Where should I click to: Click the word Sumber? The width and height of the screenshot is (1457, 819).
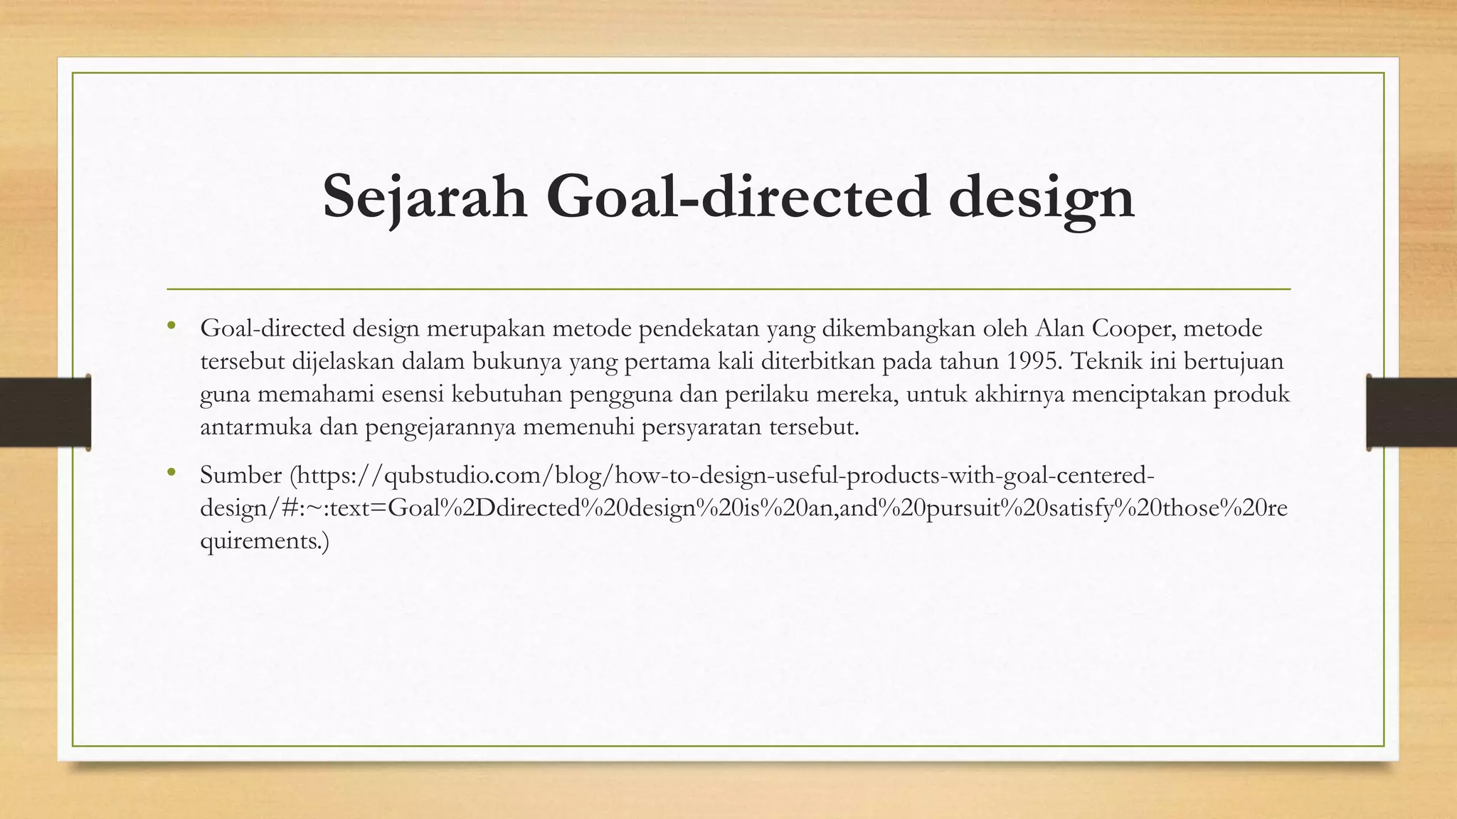(x=241, y=475)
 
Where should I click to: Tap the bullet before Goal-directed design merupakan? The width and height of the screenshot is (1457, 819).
(x=171, y=326)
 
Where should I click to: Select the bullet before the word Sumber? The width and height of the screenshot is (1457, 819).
(x=171, y=473)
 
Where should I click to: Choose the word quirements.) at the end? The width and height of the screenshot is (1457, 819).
(x=265, y=542)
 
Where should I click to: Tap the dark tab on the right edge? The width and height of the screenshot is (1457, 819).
(x=1411, y=412)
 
